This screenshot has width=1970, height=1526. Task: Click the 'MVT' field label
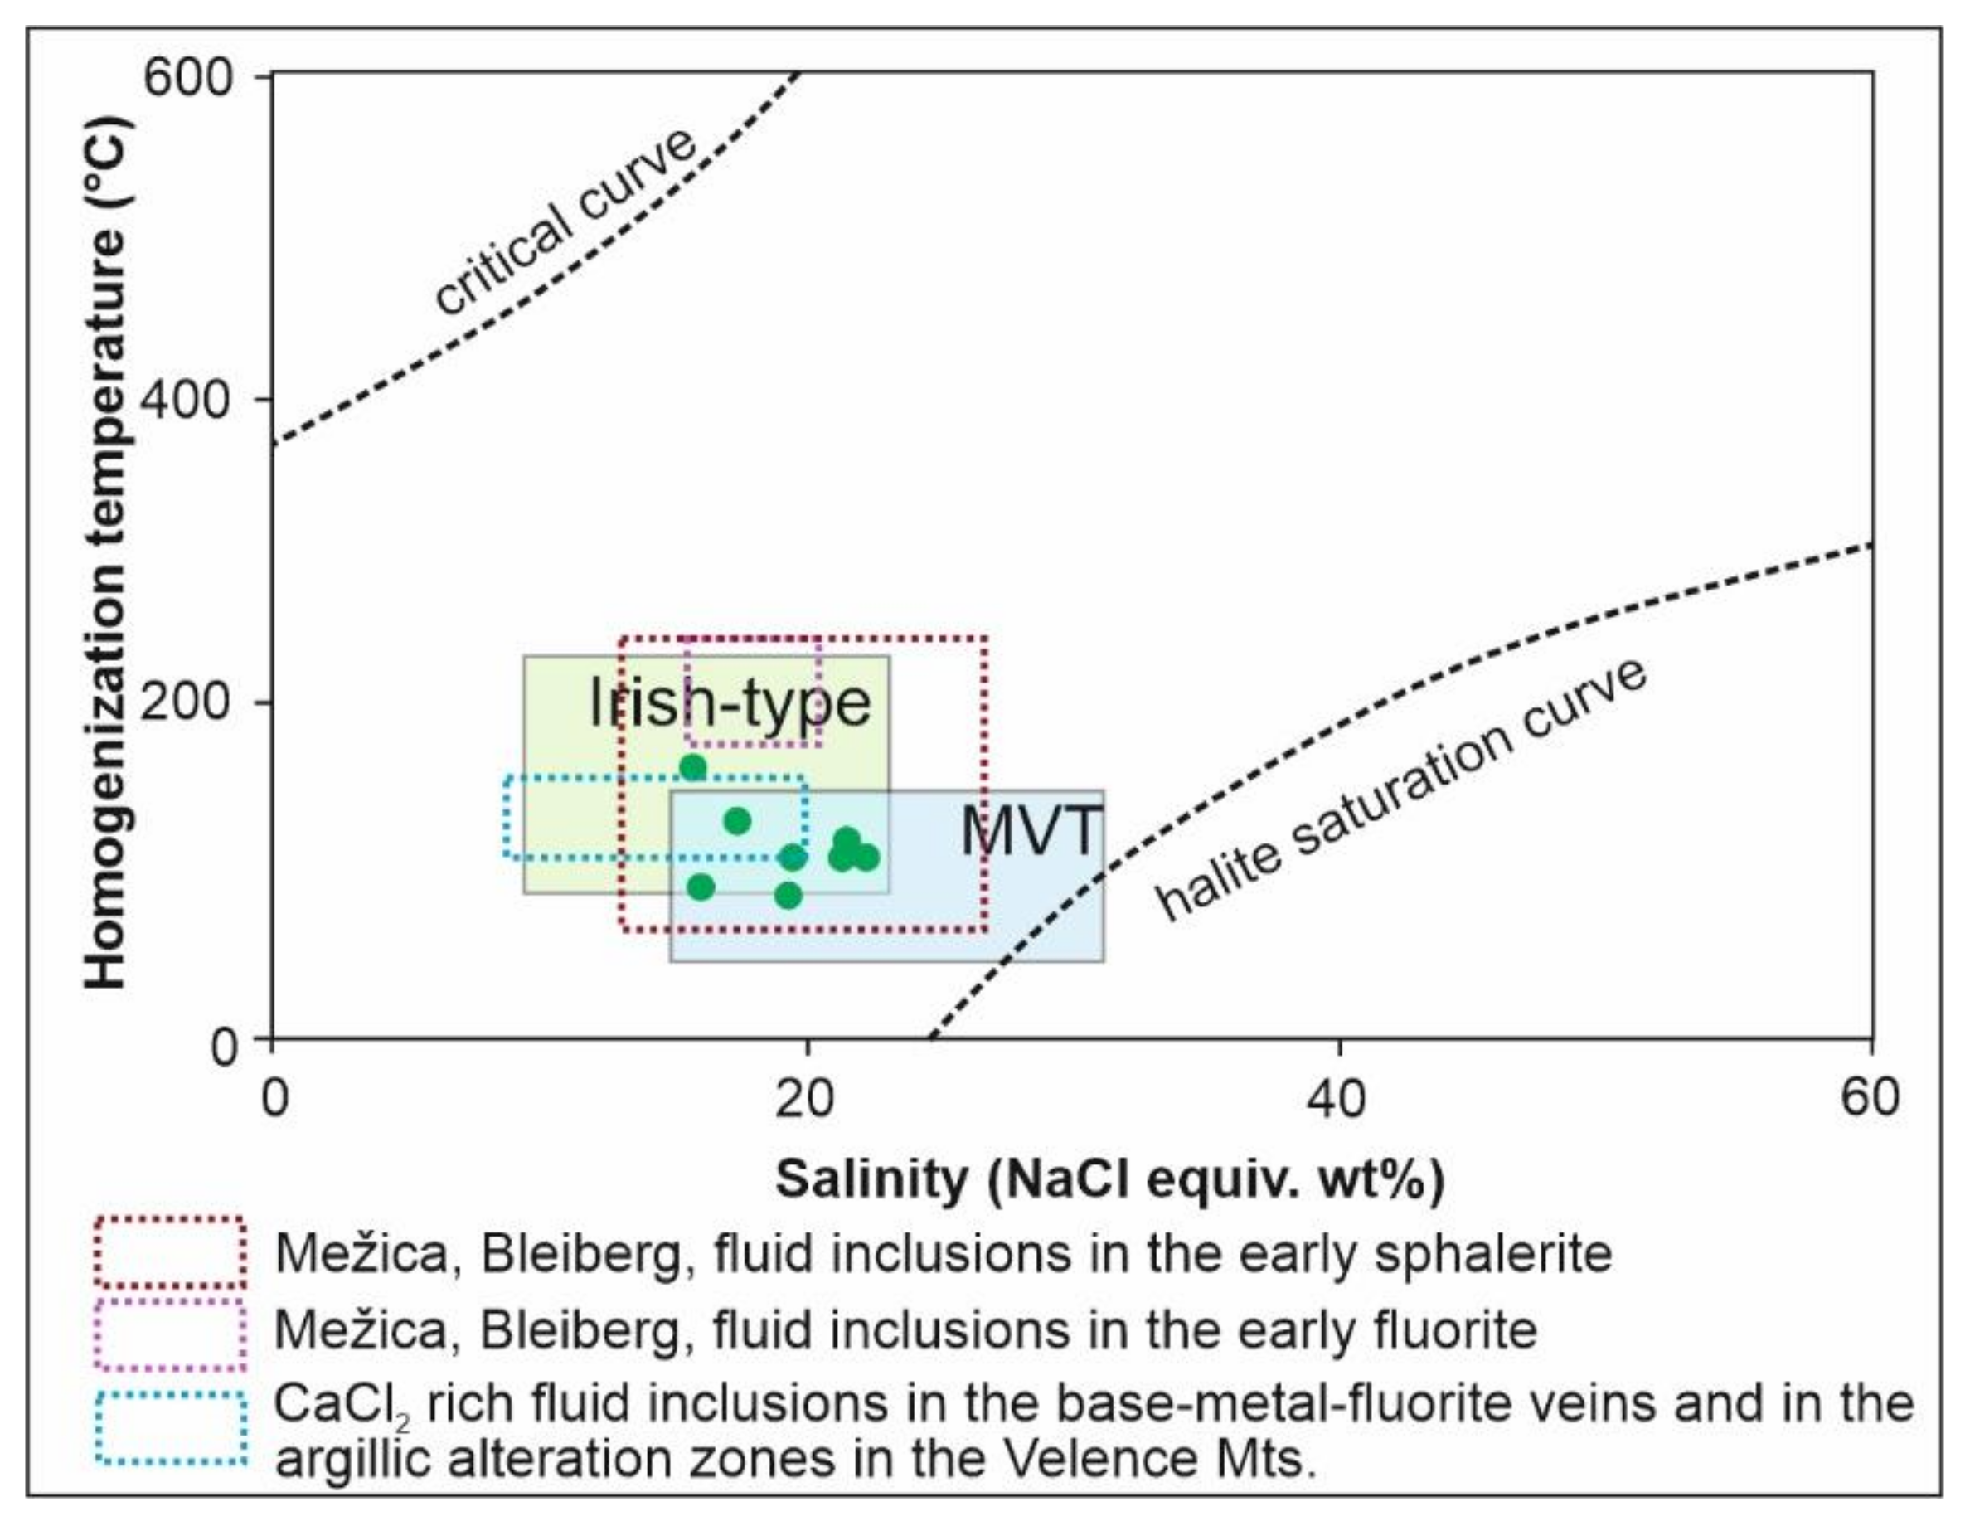pos(1030,831)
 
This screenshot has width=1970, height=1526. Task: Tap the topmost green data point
pos(693,768)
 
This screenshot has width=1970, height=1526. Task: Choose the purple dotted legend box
pos(171,1333)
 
